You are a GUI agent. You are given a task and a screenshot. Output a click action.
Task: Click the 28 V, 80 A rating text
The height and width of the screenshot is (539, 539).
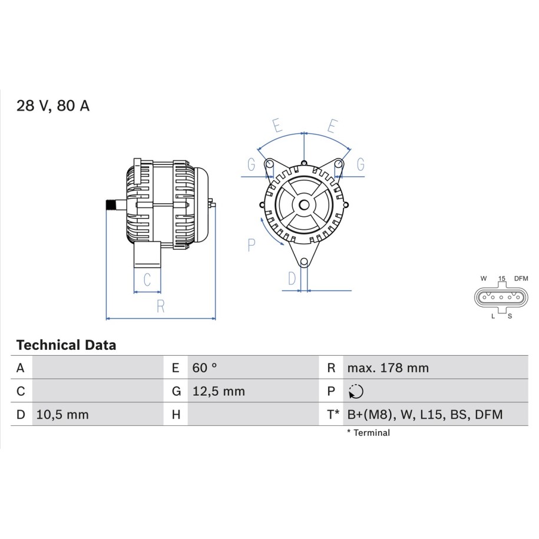tap(53, 105)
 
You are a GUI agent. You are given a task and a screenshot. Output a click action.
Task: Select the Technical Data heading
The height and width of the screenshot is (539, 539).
tap(66, 345)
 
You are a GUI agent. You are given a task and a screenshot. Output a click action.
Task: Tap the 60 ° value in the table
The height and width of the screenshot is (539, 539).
tap(204, 368)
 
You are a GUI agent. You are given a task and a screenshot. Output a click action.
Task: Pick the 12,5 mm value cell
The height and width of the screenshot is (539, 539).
tap(219, 391)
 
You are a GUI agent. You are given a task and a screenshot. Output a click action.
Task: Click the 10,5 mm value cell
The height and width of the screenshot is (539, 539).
tap(62, 415)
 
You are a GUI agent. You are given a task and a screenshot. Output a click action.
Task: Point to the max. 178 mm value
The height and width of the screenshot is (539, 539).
tap(388, 368)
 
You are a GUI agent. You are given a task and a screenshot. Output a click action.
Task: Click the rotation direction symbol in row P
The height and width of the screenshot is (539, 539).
tap(356, 391)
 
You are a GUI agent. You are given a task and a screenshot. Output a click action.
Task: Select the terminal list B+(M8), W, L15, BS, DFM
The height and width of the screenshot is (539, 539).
tap(425, 415)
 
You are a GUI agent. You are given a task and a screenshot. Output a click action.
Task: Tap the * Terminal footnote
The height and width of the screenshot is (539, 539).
tap(369, 433)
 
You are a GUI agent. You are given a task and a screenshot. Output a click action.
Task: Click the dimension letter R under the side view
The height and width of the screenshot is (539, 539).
tap(161, 306)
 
